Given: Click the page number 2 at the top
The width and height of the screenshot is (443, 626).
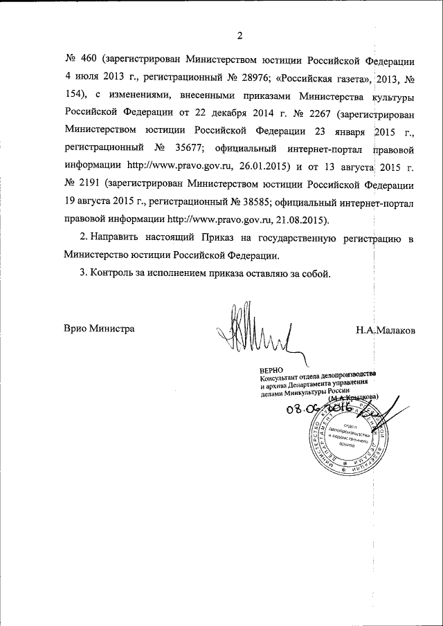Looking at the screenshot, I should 239,35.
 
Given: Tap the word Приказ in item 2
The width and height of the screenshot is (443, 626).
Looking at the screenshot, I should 221,239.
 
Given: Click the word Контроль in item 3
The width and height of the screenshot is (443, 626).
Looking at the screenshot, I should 118,273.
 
